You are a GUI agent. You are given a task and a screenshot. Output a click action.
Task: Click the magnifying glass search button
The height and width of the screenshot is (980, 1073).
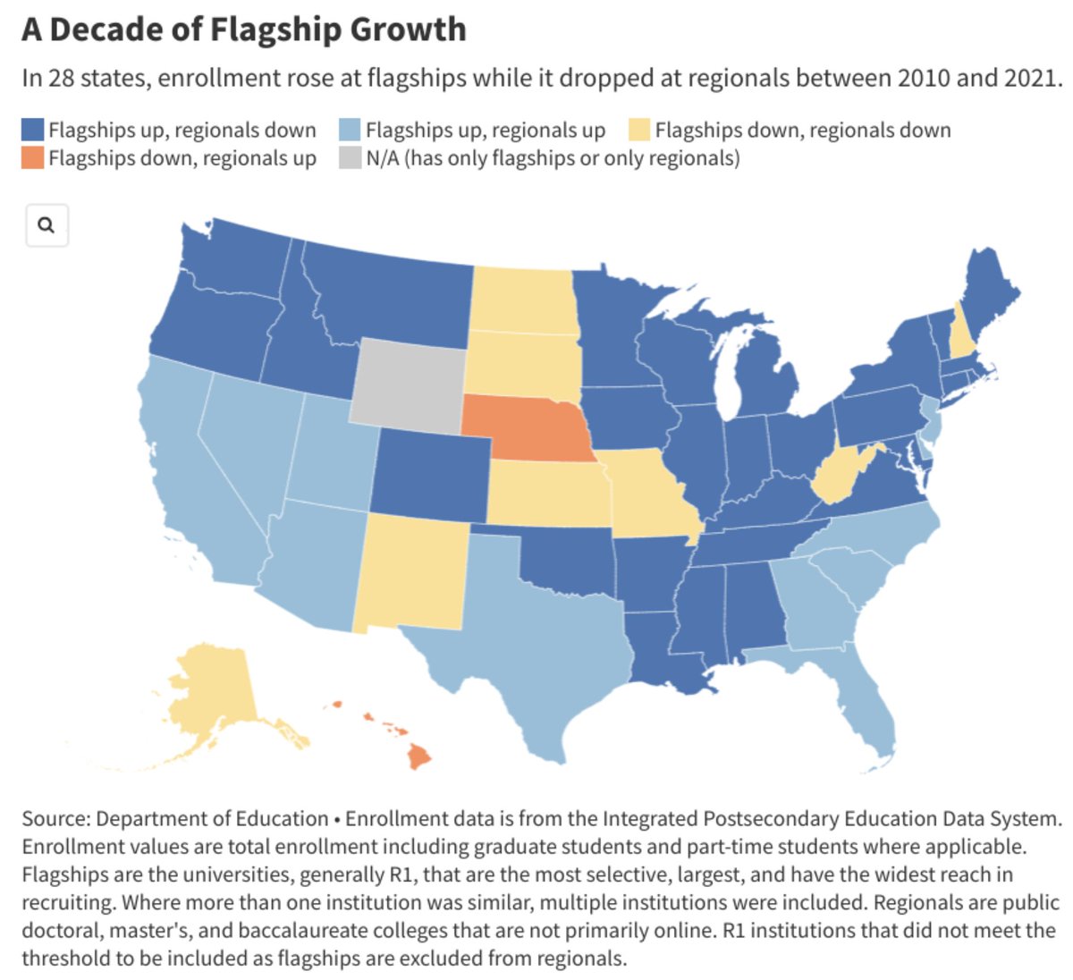pos(46,224)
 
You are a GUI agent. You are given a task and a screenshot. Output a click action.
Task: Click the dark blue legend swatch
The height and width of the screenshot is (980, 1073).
pos(33,130)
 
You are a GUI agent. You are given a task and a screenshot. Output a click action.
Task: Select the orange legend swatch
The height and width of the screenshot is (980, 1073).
pos(33,158)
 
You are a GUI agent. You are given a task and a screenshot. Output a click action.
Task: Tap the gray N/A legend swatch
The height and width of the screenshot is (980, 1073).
pos(351,158)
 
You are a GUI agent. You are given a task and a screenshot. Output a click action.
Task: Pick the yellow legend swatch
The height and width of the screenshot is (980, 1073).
pos(638,130)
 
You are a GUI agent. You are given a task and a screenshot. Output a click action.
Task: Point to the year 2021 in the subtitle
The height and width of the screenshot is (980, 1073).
pos(1029,78)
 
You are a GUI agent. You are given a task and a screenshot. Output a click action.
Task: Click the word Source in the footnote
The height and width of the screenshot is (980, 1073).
pos(55,819)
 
